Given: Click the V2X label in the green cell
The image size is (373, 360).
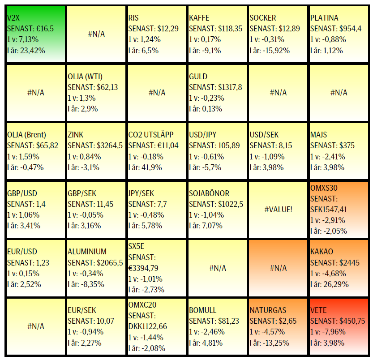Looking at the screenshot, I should point(14,18).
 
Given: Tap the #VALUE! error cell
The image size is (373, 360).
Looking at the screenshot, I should point(278,209).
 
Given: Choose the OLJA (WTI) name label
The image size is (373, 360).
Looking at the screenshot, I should point(88,77).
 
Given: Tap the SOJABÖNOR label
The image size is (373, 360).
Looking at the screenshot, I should point(209,193).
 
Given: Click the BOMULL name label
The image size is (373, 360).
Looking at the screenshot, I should point(203,310).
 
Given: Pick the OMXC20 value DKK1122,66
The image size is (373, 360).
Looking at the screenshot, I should point(148,326).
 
